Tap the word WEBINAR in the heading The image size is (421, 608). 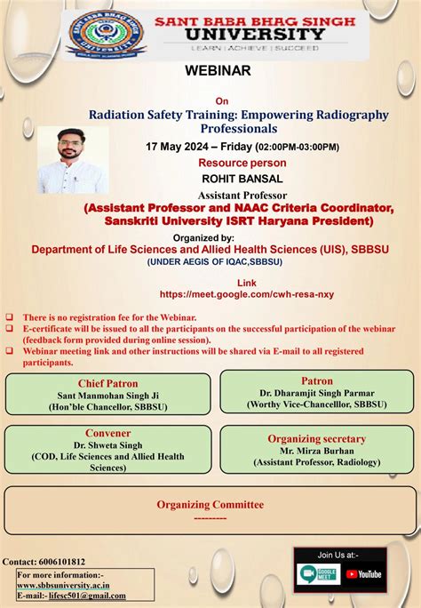pos(218,70)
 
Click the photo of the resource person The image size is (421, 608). pos(73,156)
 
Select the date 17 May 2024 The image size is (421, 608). pos(181,147)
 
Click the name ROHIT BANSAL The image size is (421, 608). pos(230,179)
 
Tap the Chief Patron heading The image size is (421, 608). pos(107,384)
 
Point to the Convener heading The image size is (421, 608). pos(107,435)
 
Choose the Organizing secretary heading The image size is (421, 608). pos(317,439)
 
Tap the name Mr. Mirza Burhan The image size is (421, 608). pos(317,451)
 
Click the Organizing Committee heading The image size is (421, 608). pos(210,504)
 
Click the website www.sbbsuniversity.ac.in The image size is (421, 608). pos(65,585)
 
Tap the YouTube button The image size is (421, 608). pos(363,574)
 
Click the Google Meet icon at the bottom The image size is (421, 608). pos(320,574)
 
